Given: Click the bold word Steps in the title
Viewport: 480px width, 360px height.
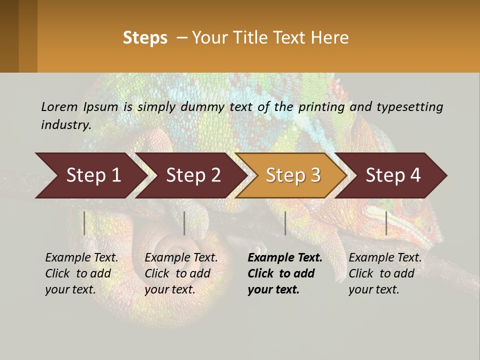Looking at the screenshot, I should click(x=145, y=38).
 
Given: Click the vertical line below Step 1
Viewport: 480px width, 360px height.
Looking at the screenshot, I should click(x=84, y=223).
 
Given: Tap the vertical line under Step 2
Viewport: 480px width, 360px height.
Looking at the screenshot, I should click(x=184, y=223).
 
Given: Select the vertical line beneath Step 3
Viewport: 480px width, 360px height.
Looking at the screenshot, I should click(x=285, y=223).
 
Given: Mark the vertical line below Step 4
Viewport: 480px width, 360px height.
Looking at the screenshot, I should click(x=386, y=223).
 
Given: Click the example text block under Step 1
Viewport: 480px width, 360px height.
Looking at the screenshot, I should click(x=81, y=273).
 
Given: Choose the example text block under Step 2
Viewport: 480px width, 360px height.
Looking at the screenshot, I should click(x=181, y=273).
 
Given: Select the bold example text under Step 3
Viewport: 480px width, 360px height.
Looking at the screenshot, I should click(x=285, y=273).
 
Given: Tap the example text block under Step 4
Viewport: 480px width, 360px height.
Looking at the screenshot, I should click(x=385, y=273).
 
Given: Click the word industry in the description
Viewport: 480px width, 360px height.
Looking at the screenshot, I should click(x=65, y=124).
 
